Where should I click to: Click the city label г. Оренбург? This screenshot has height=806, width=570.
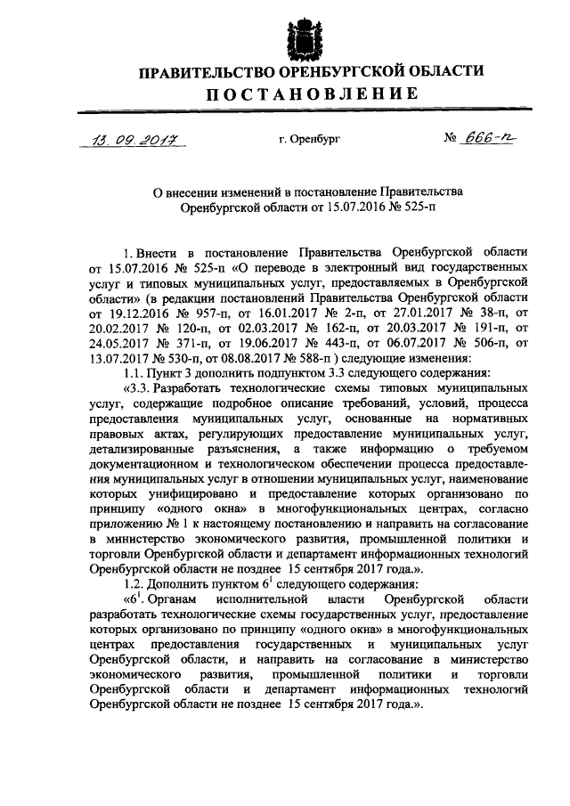click(x=308, y=139)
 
